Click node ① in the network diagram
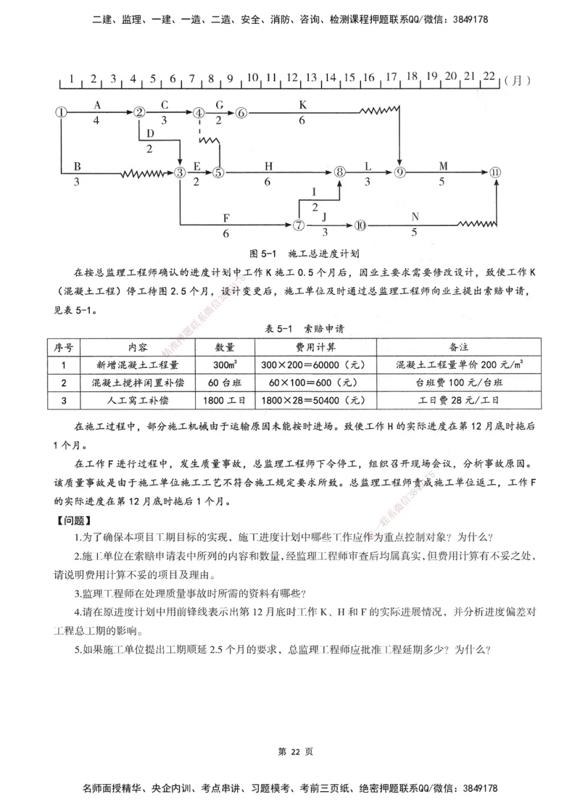62,112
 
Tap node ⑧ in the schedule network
339,172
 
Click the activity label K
302,104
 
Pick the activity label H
268,165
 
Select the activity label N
415,217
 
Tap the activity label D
149,134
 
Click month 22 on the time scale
489,77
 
